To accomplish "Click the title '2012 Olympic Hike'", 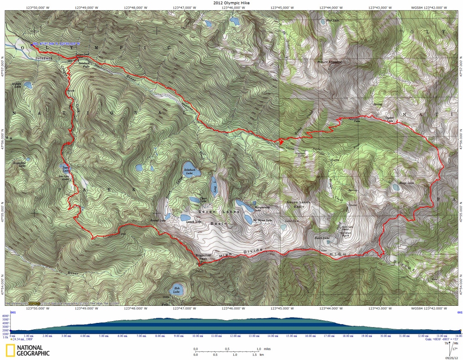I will (231, 3).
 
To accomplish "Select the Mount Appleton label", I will (330, 61).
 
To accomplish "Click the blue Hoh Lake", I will (176, 290).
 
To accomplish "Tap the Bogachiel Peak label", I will (203, 256).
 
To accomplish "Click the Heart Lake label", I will (321, 238).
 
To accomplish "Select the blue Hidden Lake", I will (28, 85).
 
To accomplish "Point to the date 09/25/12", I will (454, 356).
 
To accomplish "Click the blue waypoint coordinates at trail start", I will (56, 44).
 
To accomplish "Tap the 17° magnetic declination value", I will (454, 348).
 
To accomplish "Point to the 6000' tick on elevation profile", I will (5, 316).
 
